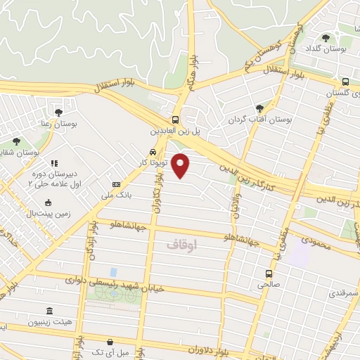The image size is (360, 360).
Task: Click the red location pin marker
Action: [181, 165]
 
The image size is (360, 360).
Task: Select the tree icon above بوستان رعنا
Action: [58, 112]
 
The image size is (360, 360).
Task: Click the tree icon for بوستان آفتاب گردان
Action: [260, 108]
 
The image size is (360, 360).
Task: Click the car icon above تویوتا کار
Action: [153, 151]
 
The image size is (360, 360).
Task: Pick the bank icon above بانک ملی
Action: [116, 184]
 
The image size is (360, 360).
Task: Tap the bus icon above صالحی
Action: [269, 273]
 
